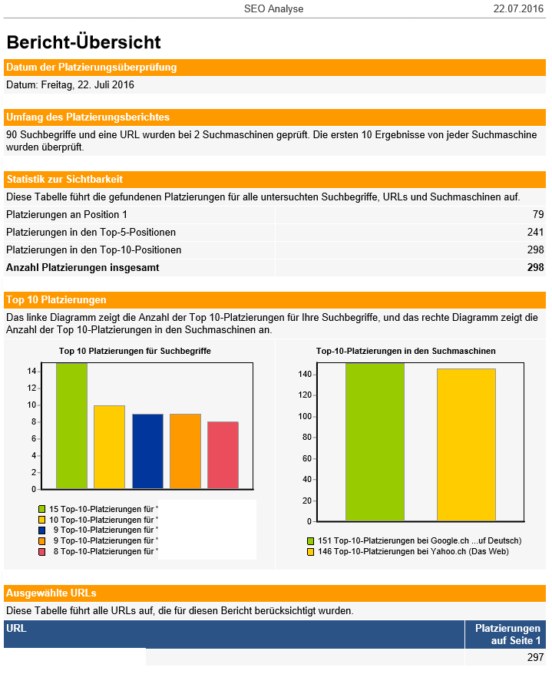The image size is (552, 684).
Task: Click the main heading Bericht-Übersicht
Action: (x=84, y=42)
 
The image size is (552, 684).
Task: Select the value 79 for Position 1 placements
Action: (x=537, y=214)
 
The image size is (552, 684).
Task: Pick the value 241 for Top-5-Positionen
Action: (x=534, y=232)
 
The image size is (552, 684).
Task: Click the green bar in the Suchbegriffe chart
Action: (x=71, y=425)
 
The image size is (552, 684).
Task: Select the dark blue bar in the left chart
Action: (x=147, y=451)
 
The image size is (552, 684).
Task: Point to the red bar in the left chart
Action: (x=223, y=454)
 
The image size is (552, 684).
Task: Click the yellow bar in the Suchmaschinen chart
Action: (x=466, y=444)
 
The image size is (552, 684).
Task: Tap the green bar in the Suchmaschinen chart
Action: (x=375, y=441)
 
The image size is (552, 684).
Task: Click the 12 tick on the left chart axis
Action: (x=32, y=388)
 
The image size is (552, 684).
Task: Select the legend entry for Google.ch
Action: (x=414, y=540)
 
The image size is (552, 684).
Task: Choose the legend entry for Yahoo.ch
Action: (x=408, y=551)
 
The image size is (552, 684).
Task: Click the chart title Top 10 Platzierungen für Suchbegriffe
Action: (x=135, y=351)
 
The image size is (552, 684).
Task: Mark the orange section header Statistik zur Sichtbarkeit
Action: (x=64, y=179)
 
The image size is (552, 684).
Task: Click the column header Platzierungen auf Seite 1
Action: (x=507, y=634)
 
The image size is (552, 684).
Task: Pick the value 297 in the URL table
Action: (x=535, y=657)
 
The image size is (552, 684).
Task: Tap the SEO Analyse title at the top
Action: (x=273, y=9)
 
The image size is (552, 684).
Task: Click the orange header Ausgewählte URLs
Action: (x=51, y=593)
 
